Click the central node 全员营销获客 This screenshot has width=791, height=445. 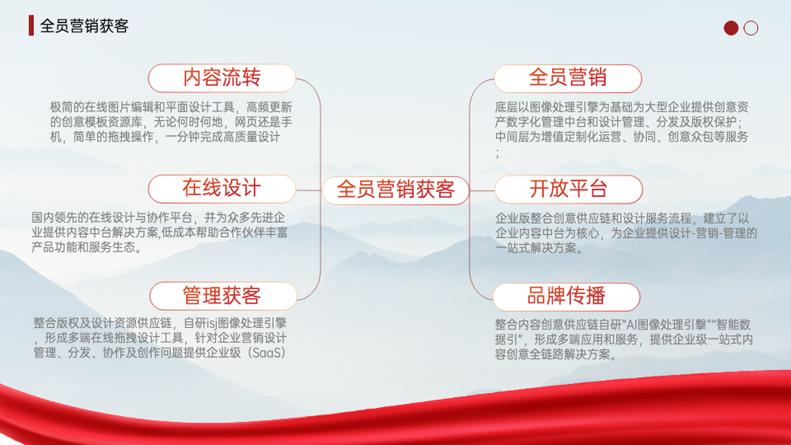tap(395, 190)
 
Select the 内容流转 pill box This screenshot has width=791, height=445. tap(221, 78)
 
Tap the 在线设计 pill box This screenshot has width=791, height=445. tap(221, 189)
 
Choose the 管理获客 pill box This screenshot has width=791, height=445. tap(223, 296)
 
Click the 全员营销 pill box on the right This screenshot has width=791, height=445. tap(567, 78)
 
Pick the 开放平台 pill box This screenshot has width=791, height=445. tap(569, 190)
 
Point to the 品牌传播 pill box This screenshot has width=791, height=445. tap(566, 297)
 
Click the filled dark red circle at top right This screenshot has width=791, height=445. tap(731, 28)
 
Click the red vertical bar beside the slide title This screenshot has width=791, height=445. tap(32, 25)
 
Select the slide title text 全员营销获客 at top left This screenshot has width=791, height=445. tap(85, 26)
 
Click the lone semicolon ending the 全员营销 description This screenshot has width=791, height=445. tap(498, 153)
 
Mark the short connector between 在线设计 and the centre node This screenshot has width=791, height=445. tap(308, 190)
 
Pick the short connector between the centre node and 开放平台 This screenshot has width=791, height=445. tap(483, 190)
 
